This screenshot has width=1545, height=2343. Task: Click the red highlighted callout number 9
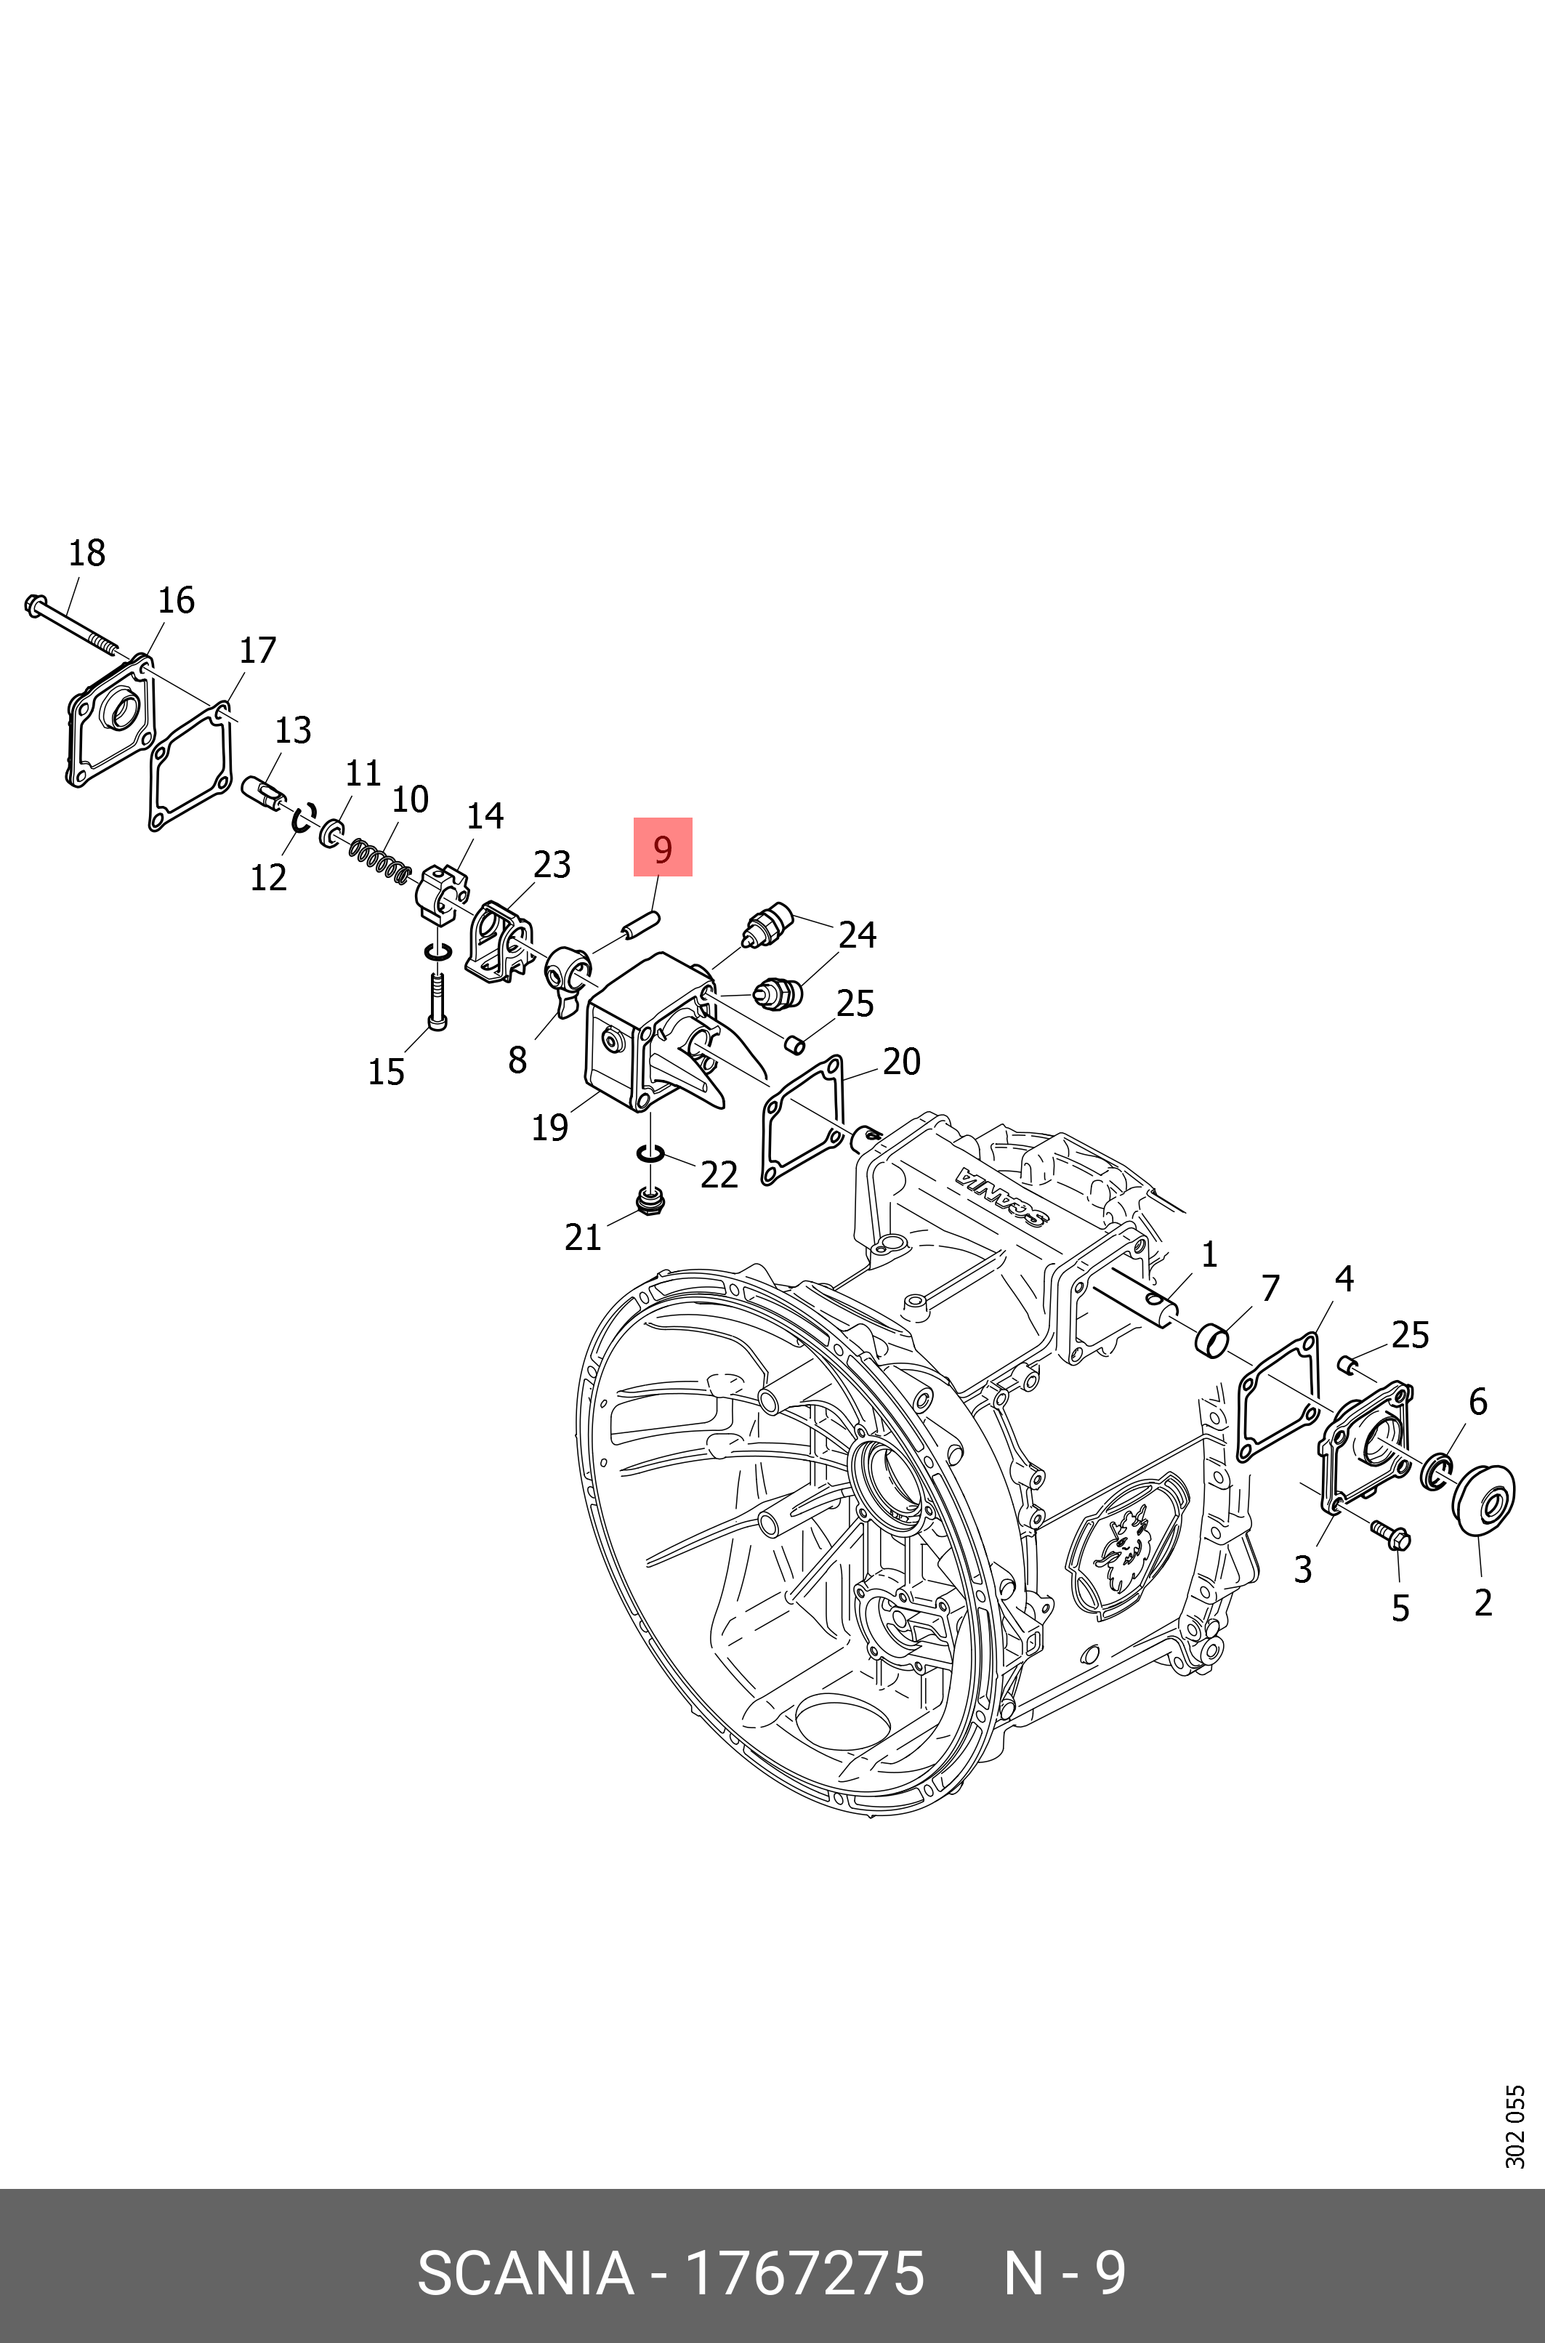tap(662, 847)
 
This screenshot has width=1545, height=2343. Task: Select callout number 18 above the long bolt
tap(86, 553)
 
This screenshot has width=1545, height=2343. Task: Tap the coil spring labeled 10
tap(380, 859)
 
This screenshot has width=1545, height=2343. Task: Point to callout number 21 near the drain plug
tap(582, 1236)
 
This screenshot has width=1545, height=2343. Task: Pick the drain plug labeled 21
tap(650, 1202)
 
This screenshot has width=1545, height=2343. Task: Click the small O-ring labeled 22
tap(650, 1152)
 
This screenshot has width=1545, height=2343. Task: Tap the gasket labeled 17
tap(191, 767)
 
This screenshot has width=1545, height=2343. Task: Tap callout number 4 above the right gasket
tap(1344, 1279)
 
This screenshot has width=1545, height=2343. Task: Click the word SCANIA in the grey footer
tap(525, 2273)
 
